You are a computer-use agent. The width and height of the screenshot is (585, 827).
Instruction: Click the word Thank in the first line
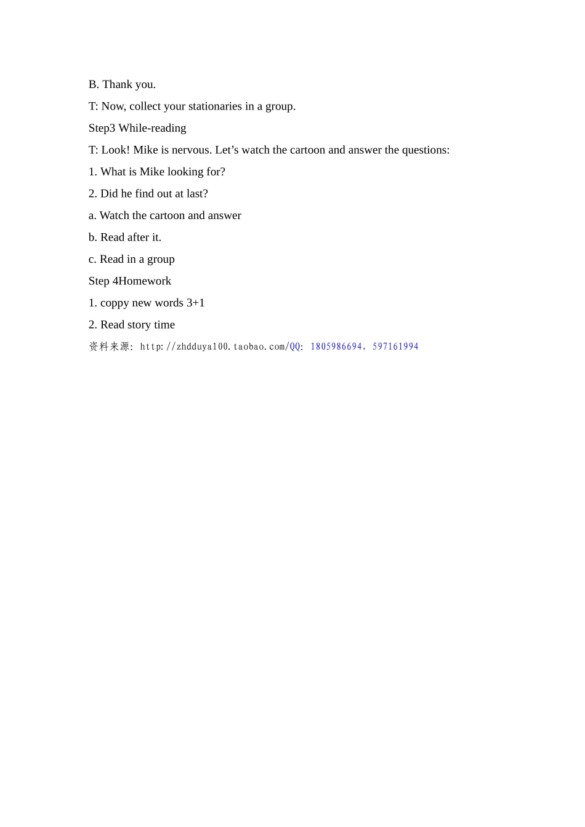point(116,84)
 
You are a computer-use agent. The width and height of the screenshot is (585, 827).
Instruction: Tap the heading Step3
point(102,128)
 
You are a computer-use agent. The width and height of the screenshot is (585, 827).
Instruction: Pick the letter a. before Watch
point(92,215)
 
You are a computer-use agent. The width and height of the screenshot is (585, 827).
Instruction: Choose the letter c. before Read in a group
point(92,259)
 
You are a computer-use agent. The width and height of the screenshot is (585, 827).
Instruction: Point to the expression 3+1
point(196,303)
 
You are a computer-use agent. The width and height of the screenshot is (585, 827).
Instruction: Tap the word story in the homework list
point(139,325)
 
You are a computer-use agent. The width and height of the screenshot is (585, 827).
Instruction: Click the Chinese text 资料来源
point(109,346)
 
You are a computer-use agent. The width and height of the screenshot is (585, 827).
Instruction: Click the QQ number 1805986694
point(336,346)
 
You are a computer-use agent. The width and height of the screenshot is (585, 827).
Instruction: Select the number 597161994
point(395,346)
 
